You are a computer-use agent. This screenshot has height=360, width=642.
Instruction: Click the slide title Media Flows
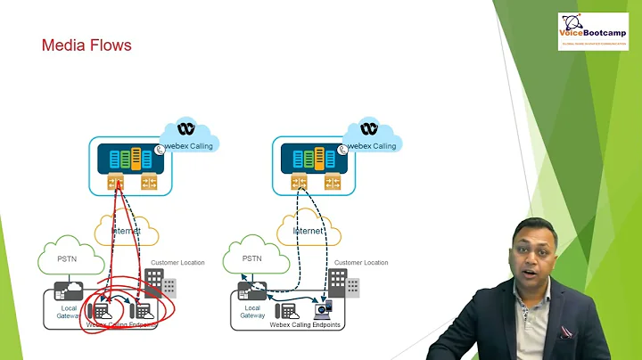pyautogui.click(x=86, y=45)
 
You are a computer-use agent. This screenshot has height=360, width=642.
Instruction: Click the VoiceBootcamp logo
pyautogui.click(x=592, y=30)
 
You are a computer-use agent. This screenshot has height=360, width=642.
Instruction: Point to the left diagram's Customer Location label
pyautogui.click(x=177, y=263)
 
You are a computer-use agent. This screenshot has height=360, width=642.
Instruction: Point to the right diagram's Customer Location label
pyautogui.click(x=361, y=263)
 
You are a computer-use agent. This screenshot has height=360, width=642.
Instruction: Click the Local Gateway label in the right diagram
pyautogui.click(x=252, y=311)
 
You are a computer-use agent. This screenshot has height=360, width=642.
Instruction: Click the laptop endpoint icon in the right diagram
pyautogui.click(x=322, y=310)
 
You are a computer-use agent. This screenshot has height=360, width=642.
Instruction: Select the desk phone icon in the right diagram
pyautogui.click(x=288, y=311)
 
